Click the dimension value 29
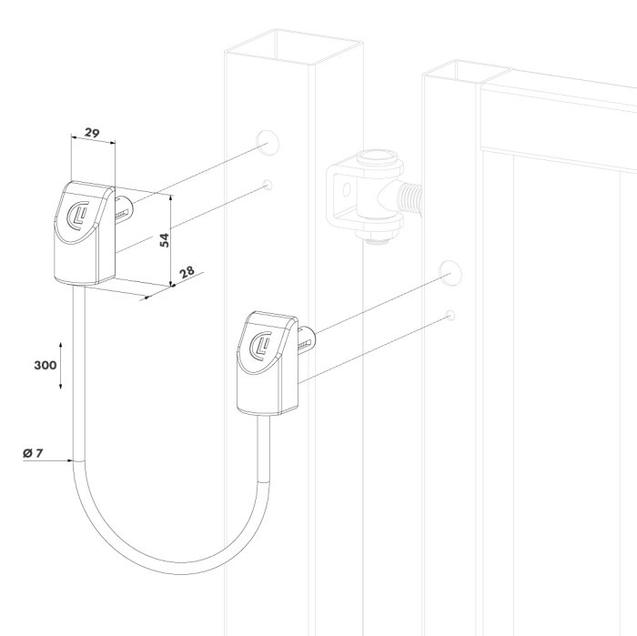click(x=92, y=133)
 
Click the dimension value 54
click(x=164, y=240)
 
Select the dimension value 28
click(x=187, y=271)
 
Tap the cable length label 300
click(x=45, y=365)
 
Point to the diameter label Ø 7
click(x=33, y=453)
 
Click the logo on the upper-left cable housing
click(x=78, y=216)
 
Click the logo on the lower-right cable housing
click(x=262, y=346)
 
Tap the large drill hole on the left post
click(x=268, y=142)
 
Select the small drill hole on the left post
click(x=268, y=185)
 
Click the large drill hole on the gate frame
click(x=450, y=273)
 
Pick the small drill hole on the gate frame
click(x=450, y=315)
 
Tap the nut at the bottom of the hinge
click(x=377, y=235)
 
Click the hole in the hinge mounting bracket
click(x=346, y=189)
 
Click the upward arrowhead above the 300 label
click(x=61, y=345)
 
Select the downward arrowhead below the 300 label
click(x=61, y=386)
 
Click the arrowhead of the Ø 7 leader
click(x=69, y=460)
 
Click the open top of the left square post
click(x=294, y=46)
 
